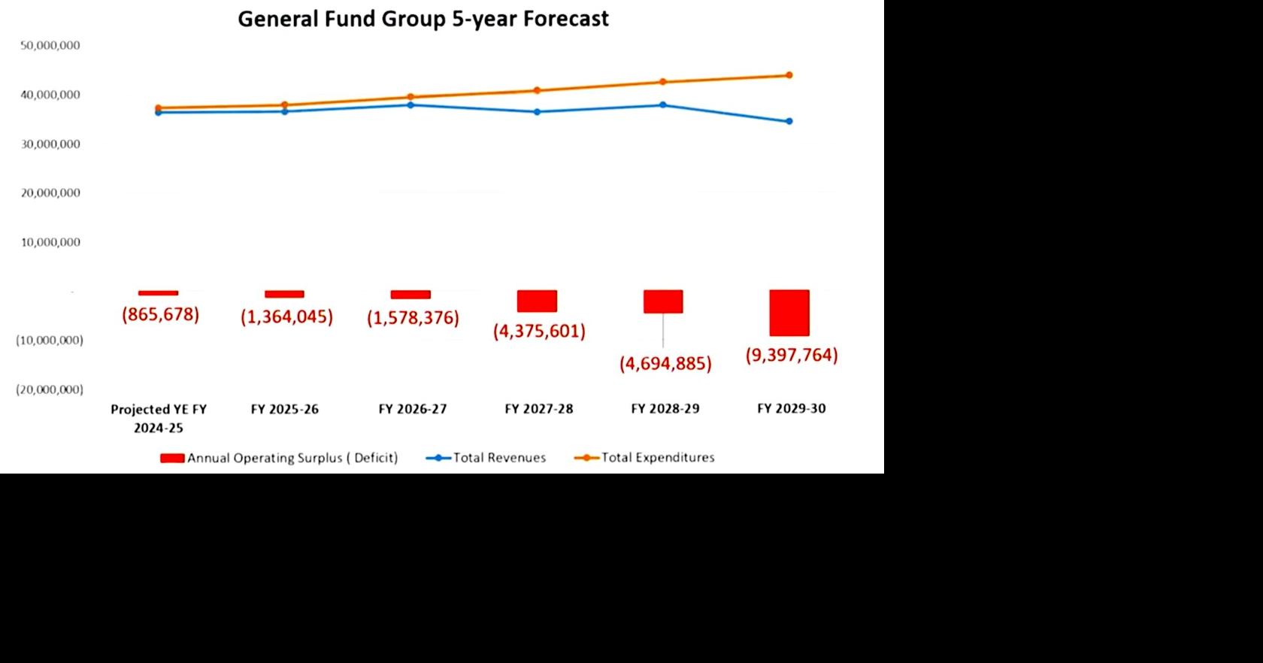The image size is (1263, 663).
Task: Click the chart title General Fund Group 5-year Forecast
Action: [x=423, y=19]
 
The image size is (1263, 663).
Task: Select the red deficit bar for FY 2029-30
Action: [x=789, y=313]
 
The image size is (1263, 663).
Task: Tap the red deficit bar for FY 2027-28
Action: [x=537, y=301]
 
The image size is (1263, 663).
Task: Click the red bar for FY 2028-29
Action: [x=663, y=301]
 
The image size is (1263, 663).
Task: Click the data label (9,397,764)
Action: [x=791, y=355]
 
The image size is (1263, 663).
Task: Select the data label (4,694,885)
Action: [x=665, y=364]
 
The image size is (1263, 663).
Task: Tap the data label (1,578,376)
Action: [x=413, y=318]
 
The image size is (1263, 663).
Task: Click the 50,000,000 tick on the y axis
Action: [x=50, y=45]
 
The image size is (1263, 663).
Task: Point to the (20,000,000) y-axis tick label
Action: [x=50, y=389]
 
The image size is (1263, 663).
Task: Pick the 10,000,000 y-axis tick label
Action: [x=50, y=242]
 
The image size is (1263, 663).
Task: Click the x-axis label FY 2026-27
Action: [x=412, y=409]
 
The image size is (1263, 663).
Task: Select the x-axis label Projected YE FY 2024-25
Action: [x=159, y=418]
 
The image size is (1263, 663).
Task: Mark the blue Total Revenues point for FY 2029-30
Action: [x=789, y=121]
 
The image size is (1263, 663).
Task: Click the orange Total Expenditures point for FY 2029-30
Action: [x=789, y=75]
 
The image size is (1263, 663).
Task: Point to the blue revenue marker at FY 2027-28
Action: [x=537, y=112]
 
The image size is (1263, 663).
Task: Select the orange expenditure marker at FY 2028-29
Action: [x=663, y=82]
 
